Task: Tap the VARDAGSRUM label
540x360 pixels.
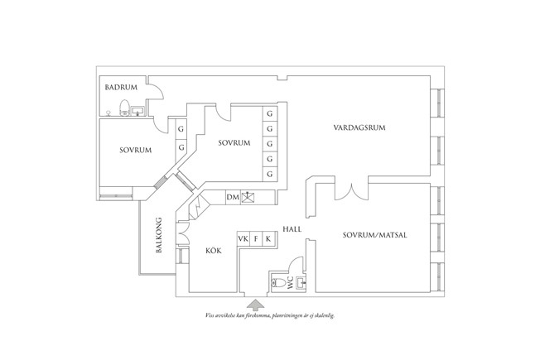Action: tap(360, 128)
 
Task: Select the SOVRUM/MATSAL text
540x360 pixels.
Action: tap(374, 235)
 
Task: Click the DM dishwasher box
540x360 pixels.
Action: tap(233, 197)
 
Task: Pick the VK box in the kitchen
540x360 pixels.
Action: tap(243, 239)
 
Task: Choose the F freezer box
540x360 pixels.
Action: tap(256, 239)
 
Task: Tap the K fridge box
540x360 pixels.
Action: tap(268, 239)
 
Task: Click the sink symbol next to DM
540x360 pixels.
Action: tap(248, 197)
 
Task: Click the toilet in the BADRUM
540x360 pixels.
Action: tap(123, 107)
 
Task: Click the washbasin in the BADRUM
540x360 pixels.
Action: tap(137, 108)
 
